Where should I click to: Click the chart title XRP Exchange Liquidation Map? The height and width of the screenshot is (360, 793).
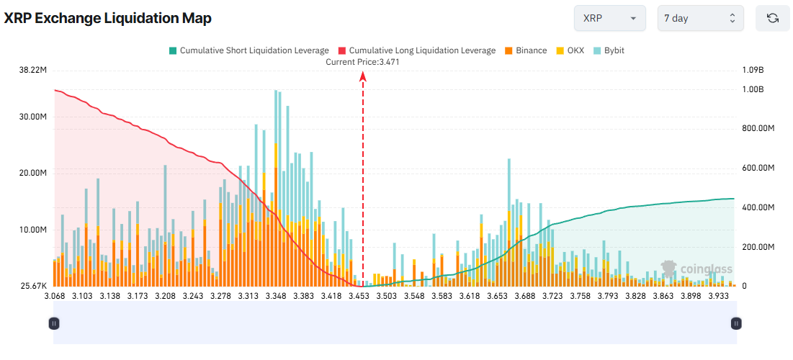click(x=108, y=19)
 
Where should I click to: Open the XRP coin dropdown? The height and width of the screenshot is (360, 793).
click(x=609, y=19)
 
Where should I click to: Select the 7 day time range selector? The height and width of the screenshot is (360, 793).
click(x=700, y=19)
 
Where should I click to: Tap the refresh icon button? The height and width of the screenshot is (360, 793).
click(x=773, y=19)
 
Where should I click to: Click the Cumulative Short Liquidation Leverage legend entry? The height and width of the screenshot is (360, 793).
click(x=248, y=50)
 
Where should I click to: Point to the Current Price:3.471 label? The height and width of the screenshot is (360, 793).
click(x=362, y=62)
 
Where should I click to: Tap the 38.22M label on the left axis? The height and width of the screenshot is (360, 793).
click(x=33, y=71)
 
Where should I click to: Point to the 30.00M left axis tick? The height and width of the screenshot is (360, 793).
click(x=33, y=117)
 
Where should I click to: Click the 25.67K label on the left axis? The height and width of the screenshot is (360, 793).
click(x=33, y=286)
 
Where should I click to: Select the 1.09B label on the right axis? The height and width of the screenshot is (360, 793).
click(x=752, y=71)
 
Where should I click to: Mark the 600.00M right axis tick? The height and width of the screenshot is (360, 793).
click(x=758, y=168)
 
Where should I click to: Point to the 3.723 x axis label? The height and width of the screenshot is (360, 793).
click(x=532, y=296)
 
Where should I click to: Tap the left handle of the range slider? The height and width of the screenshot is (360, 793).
click(x=54, y=323)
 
